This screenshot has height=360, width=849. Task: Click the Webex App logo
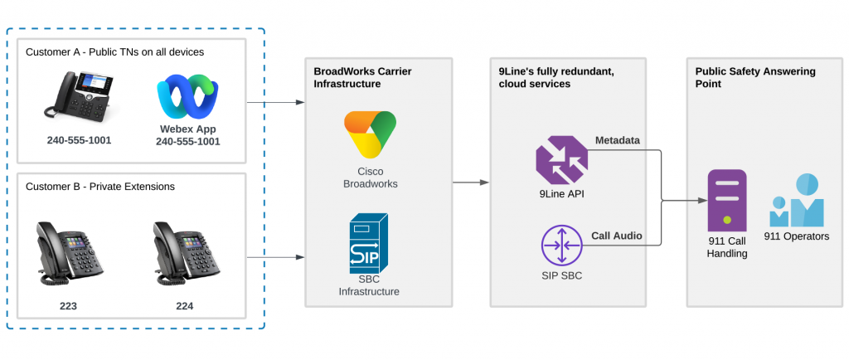click(x=188, y=97)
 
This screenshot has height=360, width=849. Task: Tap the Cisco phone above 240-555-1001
click(x=78, y=97)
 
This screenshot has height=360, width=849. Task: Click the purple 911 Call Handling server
click(x=726, y=202)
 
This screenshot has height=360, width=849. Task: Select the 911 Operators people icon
click(x=796, y=202)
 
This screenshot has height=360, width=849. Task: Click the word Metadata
click(x=618, y=140)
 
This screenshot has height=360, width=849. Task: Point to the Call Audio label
click(x=617, y=236)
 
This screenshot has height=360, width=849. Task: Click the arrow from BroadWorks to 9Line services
click(x=470, y=182)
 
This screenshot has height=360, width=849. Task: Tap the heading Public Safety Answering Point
click(x=754, y=77)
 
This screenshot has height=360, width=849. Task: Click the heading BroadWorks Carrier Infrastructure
click(x=362, y=77)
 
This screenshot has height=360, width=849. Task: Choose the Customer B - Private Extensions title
click(x=100, y=187)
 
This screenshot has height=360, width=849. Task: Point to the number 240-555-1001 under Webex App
click(x=188, y=142)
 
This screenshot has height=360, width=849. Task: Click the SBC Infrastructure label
click(x=369, y=285)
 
